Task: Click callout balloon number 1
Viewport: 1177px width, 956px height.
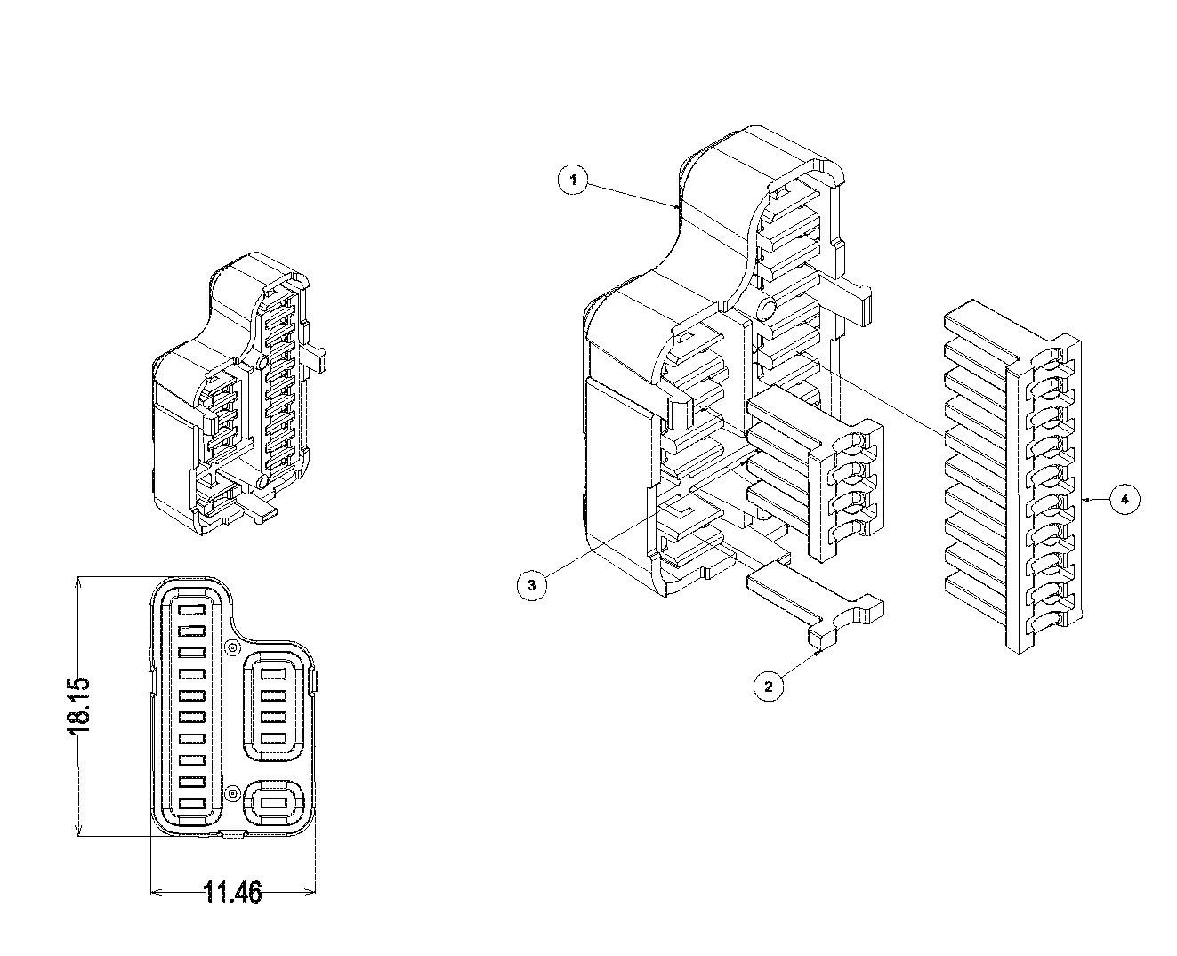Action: pyautogui.click(x=574, y=181)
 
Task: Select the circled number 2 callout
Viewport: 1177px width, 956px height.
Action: pyautogui.click(x=770, y=686)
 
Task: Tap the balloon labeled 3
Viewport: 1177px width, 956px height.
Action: pyautogui.click(x=531, y=584)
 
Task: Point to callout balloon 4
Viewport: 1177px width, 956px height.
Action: pyautogui.click(x=1125, y=500)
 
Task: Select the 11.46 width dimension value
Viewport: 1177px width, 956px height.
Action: pyautogui.click(x=233, y=892)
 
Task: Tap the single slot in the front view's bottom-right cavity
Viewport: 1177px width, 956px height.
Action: pyautogui.click(x=275, y=804)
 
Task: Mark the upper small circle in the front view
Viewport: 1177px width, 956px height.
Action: pyautogui.click(x=232, y=648)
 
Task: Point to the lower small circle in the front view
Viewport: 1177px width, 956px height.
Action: pyautogui.click(x=232, y=792)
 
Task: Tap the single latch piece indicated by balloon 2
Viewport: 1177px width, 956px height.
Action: pyautogui.click(x=814, y=605)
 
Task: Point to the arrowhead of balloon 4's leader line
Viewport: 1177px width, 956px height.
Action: pyautogui.click(x=1087, y=500)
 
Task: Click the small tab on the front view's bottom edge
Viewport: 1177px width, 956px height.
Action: pyautogui.click(x=233, y=834)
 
